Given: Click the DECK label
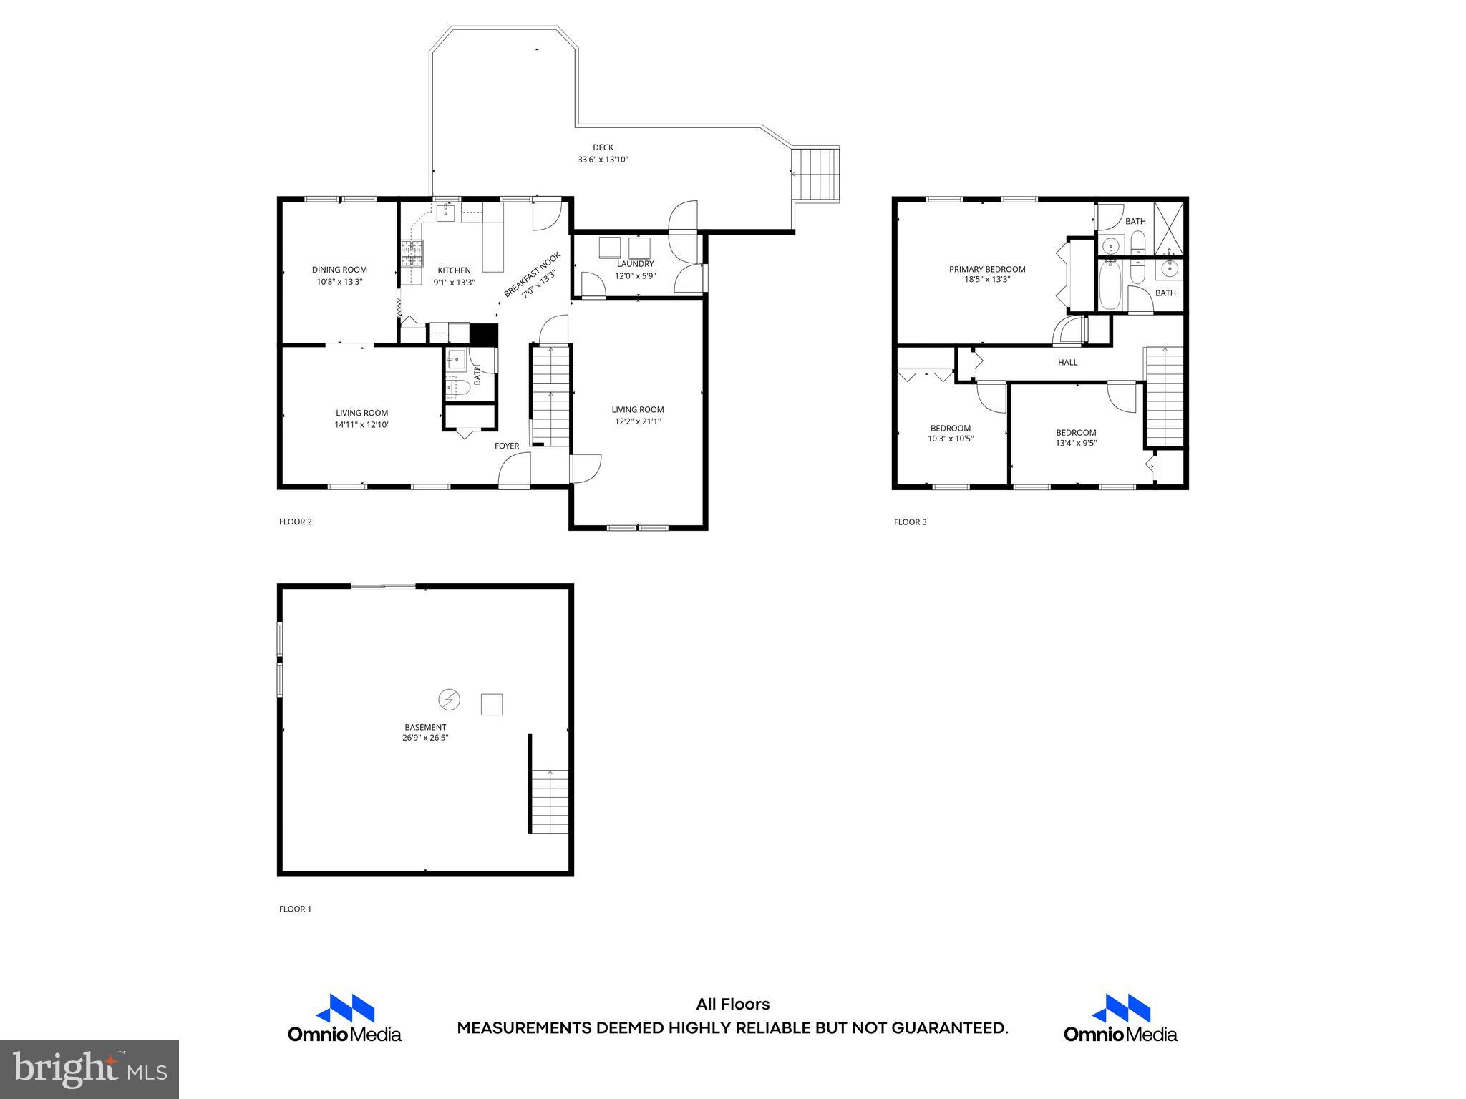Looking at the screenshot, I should (x=603, y=147).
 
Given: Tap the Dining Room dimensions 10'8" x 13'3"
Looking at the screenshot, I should (x=339, y=282).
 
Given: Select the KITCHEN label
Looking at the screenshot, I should (x=454, y=270).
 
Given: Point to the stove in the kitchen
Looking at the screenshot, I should (x=412, y=253).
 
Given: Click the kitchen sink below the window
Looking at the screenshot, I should (x=445, y=213).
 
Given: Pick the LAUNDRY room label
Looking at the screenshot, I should (x=635, y=264).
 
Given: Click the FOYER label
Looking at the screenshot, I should (x=507, y=446).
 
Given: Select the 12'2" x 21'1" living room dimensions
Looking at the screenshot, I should (x=637, y=421).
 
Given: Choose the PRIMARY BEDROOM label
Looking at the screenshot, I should (x=987, y=270).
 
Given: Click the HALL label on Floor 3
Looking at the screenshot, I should (x=1067, y=363).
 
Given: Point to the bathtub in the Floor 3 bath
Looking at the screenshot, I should (x=1109, y=284).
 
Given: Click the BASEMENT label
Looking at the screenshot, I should (x=424, y=727).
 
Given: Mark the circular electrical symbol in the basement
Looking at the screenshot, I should (x=450, y=699).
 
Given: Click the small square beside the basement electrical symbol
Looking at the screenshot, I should (x=491, y=704).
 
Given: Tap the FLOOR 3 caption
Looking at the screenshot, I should (x=910, y=522).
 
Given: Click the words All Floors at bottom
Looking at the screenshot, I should (x=732, y=1005).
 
